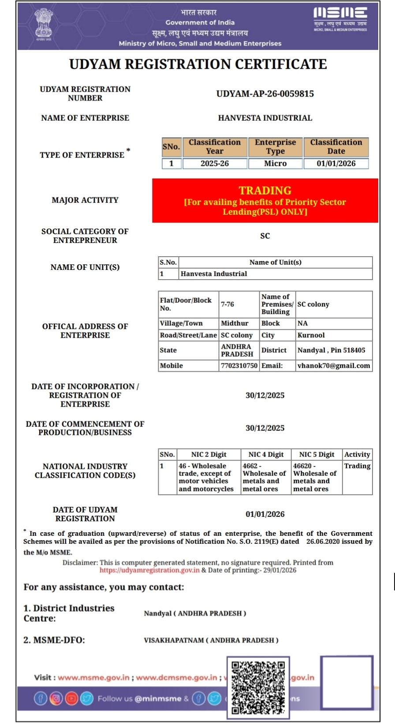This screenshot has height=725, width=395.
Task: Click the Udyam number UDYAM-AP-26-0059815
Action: (x=265, y=93)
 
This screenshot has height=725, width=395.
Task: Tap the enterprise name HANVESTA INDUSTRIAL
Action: (x=265, y=118)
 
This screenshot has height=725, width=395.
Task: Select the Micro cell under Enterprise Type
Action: (x=275, y=163)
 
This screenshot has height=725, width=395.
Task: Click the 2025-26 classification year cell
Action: (x=215, y=163)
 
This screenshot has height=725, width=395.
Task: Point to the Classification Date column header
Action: (x=336, y=146)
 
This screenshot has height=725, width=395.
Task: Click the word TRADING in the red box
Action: (x=265, y=191)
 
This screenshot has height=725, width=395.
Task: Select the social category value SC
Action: (x=265, y=236)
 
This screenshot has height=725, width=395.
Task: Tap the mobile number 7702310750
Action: (x=239, y=366)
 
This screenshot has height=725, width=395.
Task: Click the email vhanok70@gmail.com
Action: (x=334, y=366)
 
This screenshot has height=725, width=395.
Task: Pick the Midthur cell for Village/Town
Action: (x=235, y=323)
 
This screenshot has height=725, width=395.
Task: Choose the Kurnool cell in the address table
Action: (x=311, y=335)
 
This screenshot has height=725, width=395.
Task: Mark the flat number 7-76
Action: (x=227, y=304)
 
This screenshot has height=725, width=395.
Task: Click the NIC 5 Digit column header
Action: (x=317, y=455)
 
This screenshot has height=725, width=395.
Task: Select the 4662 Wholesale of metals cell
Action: (x=265, y=477)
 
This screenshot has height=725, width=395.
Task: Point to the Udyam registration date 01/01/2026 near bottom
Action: (x=265, y=514)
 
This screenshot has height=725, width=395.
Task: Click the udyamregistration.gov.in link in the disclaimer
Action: (x=149, y=570)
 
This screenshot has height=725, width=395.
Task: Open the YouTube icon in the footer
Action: (x=71, y=699)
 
